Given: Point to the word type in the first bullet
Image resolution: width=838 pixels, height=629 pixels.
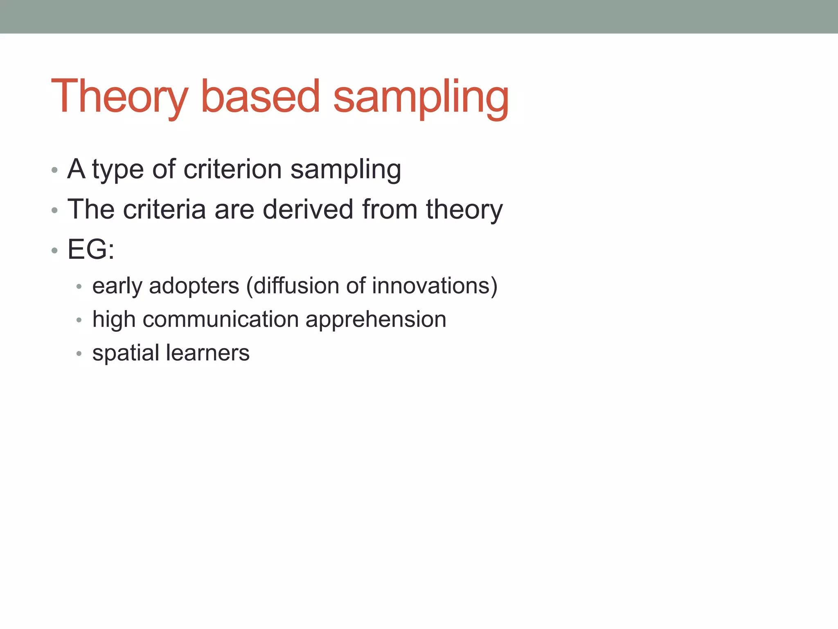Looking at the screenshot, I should (x=118, y=169).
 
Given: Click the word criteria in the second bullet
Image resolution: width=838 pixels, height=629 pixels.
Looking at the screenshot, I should (x=164, y=209).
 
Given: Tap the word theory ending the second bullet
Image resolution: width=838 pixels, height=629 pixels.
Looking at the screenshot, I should (x=464, y=209).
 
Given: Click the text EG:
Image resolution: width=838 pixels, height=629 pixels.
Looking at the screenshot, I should (x=91, y=249).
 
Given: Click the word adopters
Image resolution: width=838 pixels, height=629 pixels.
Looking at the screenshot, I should (x=194, y=286).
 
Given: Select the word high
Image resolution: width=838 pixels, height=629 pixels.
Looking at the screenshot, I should (x=114, y=319).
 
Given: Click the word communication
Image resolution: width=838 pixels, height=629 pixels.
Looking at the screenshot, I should (x=221, y=319).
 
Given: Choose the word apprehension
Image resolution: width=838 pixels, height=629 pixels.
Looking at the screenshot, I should (x=376, y=319).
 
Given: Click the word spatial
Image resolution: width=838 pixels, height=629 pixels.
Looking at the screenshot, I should (x=126, y=353).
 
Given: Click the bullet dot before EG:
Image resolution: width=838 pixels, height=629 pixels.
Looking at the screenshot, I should (x=54, y=250).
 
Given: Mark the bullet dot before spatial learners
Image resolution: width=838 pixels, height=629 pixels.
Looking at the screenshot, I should (x=79, y=353).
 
